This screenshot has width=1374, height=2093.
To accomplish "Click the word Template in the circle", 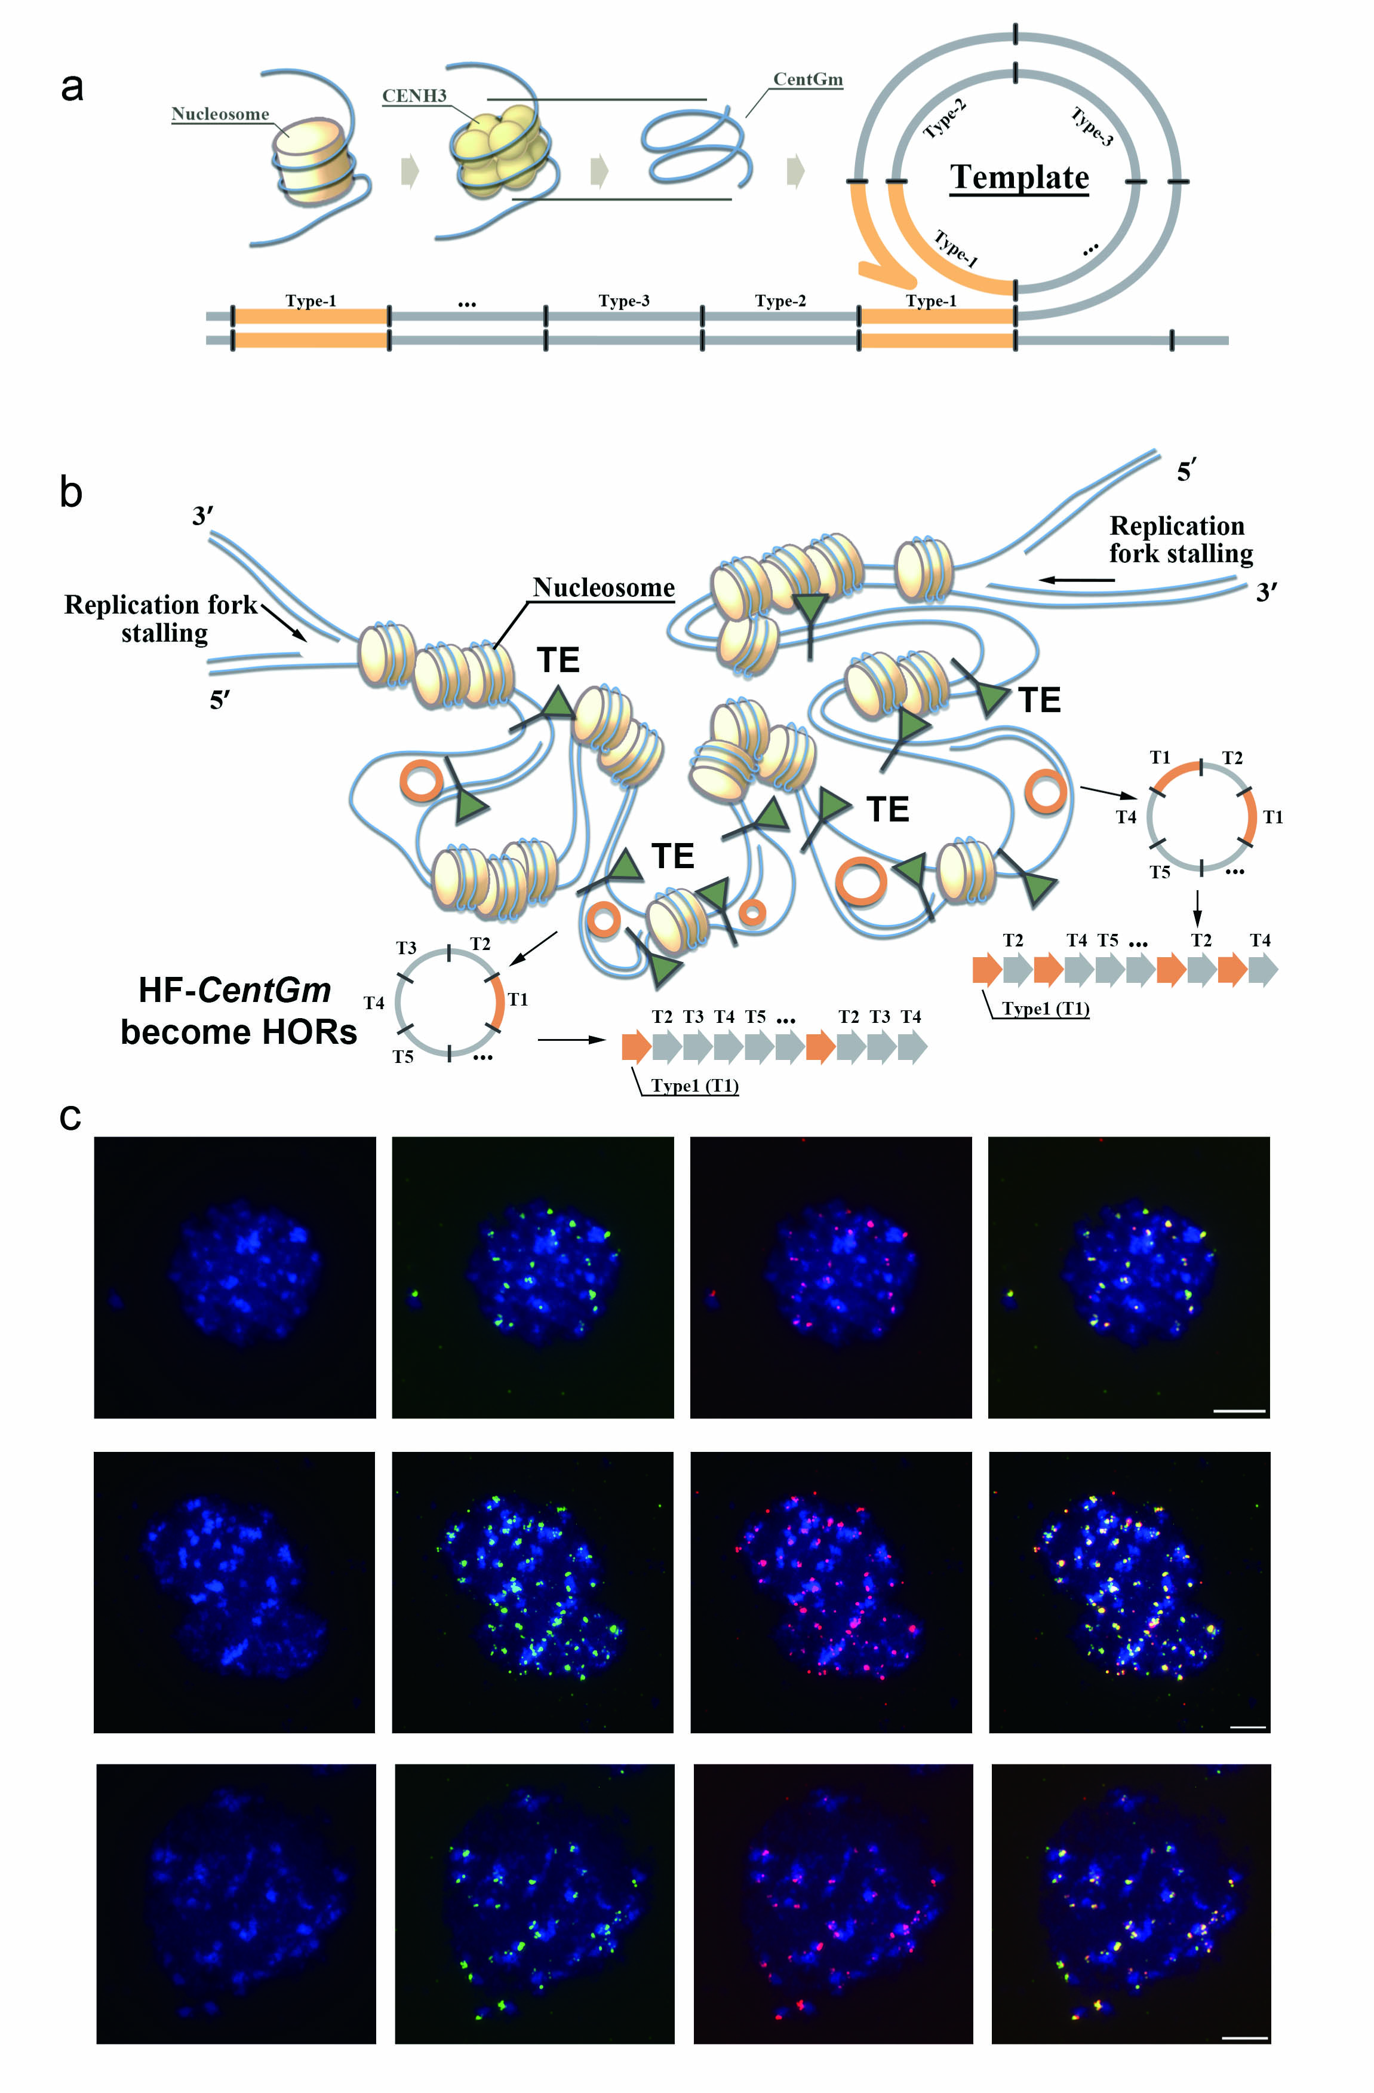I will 1019,177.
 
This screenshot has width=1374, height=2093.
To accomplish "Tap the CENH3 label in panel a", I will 414,96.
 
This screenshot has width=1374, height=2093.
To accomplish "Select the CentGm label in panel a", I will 807,79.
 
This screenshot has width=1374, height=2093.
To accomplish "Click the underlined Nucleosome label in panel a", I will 220,114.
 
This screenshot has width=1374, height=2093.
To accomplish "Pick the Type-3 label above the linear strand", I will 623,301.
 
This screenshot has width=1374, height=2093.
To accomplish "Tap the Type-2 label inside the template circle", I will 945,119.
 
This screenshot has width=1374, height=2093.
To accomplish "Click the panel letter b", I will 71,492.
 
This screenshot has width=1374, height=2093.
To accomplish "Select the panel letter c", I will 70,1117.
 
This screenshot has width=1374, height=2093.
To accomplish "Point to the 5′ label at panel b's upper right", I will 1185,472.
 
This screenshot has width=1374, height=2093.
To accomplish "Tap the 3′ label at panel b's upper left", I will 203,516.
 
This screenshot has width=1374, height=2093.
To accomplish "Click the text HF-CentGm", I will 235,990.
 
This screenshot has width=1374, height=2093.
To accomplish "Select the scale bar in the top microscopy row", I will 1238,1411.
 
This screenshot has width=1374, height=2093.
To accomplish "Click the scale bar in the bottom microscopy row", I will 1245,2037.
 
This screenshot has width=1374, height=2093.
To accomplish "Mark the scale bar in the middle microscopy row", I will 1247,1727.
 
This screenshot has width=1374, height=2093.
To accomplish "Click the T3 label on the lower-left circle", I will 406,948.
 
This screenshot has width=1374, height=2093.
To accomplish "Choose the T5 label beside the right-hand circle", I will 1160,872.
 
